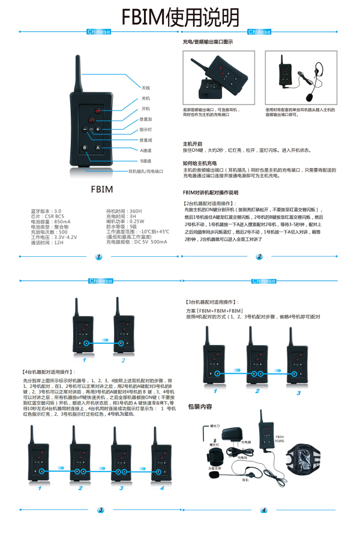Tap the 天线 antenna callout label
[145, 88]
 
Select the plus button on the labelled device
[98, 130]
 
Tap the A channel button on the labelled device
[98, 148]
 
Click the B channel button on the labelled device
[85, 148]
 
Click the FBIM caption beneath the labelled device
[101, 189]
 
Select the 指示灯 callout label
[146, 129]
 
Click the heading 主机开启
[192, 144]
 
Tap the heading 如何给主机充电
[196, 163]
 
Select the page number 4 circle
[263, 511]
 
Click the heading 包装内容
[200, 406]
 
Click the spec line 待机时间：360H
[124, 211]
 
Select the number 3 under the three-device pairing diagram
[298, 392]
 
